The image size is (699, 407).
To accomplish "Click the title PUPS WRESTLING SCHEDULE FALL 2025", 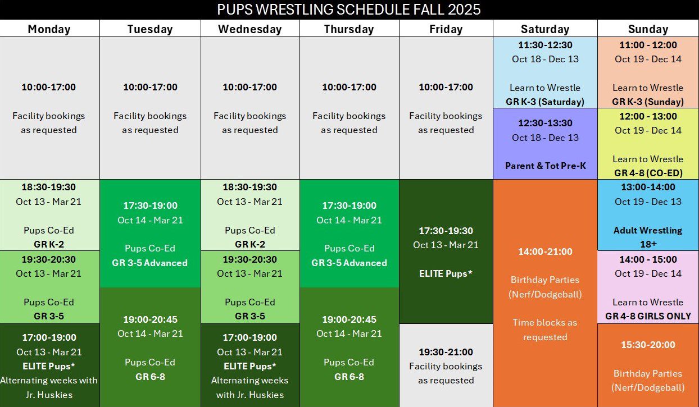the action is coord(348,10).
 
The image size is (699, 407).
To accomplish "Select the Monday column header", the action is coord(49,29).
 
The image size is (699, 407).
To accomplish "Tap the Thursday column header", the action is coord(349,29).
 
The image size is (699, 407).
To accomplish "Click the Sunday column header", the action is coord(648,29).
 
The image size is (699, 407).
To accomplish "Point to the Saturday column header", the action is coord(545,29).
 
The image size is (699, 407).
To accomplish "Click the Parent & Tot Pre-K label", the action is coord(546,166).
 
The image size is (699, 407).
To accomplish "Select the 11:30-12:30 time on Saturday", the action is coord(546,45).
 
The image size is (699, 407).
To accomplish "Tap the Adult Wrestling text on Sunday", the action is coord(648,231).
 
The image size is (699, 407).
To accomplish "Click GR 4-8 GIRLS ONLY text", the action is coord(648,316).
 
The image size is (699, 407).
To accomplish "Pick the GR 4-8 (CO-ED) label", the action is coord(648,173).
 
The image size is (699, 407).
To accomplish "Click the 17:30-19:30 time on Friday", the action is coord(446,231).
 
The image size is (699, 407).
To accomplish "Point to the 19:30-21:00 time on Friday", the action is coord(446,352).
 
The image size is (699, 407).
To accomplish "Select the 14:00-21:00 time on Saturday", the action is coord(545,251).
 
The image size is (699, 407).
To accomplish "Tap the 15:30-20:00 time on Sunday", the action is coord(648,345).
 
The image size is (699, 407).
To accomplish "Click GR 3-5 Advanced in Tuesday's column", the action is coord(150,263).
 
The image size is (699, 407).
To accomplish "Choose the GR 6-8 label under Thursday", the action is coord(349,377).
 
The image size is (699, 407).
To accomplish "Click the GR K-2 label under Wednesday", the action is coord(250,244).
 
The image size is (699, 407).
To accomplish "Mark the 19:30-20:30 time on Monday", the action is coord(49,259).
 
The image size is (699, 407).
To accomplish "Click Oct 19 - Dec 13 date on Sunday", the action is coord(648,202).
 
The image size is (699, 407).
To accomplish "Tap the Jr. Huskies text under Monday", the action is coord(49,395).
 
